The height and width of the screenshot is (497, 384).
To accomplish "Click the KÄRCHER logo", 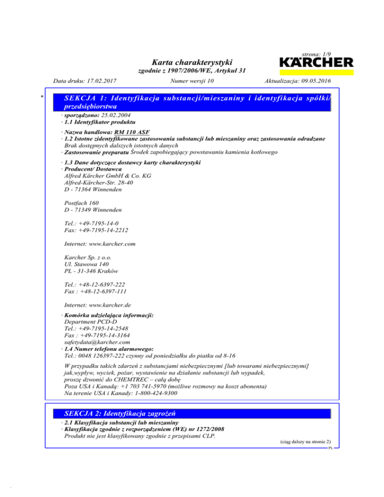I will point(315,63).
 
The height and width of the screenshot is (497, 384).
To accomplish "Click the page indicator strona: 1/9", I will point(317,52).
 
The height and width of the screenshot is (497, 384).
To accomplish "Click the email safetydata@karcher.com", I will point(95,342).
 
